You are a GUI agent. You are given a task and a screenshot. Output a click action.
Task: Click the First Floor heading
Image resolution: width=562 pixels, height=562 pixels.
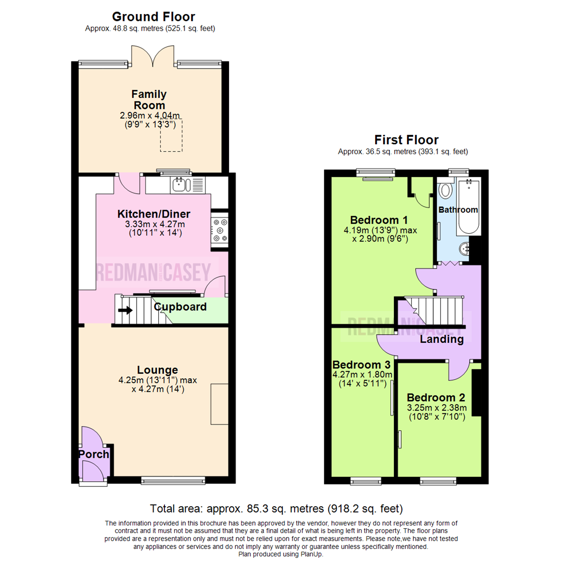coord(406,139)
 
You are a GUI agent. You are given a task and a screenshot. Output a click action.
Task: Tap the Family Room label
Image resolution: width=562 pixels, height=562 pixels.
coord(149,99)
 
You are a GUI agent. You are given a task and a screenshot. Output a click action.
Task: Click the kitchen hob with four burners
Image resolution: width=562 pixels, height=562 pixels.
coord(219,229)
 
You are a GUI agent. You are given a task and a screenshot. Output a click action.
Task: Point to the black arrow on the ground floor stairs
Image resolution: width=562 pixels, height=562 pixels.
coord(125,311)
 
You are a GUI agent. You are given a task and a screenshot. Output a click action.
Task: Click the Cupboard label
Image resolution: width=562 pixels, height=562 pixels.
coord(180,306)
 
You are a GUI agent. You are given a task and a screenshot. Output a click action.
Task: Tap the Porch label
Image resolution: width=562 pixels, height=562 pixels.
coord(94,454)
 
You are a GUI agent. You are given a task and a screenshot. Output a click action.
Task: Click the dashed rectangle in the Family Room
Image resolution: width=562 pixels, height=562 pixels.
coord(171,135)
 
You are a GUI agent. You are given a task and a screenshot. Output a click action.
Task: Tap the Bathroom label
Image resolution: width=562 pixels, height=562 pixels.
coord(458,210)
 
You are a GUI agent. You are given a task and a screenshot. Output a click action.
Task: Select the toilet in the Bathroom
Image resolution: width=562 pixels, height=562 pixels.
coord(446,190)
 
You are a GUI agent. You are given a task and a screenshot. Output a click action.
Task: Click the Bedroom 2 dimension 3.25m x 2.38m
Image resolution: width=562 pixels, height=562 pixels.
coord(437,407)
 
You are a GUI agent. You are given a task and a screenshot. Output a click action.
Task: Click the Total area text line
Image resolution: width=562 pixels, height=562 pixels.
coord(276,508)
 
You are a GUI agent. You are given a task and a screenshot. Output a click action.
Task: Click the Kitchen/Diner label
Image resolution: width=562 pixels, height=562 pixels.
coord(154,214)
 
